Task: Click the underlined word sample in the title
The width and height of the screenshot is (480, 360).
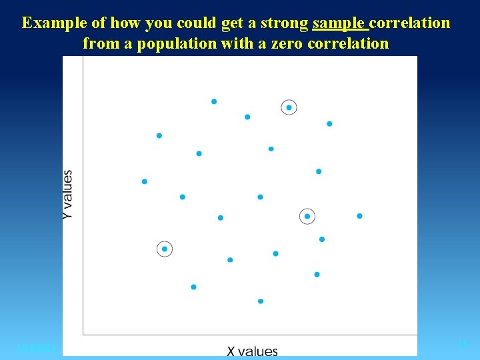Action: pos(339,23)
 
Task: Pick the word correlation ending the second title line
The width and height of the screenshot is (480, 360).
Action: pos(348,44)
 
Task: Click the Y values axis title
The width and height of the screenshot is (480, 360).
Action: pos(68,195)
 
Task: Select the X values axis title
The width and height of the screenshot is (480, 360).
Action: pos(252,351)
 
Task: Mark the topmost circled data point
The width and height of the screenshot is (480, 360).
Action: pos(289,107)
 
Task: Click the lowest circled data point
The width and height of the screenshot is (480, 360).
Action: pos(165,249)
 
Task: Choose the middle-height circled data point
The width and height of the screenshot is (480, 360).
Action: pos(307,216)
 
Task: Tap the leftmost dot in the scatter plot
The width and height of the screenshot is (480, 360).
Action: pos(145,181)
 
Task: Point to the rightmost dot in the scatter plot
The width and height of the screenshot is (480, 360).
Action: pos(359,216)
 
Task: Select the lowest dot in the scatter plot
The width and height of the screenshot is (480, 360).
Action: pos(261,301)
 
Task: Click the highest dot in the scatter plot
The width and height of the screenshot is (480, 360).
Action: pos(214,101)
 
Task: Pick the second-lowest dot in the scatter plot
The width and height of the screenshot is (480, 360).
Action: pos(193,287)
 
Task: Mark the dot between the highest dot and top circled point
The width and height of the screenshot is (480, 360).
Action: pos(247,117)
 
